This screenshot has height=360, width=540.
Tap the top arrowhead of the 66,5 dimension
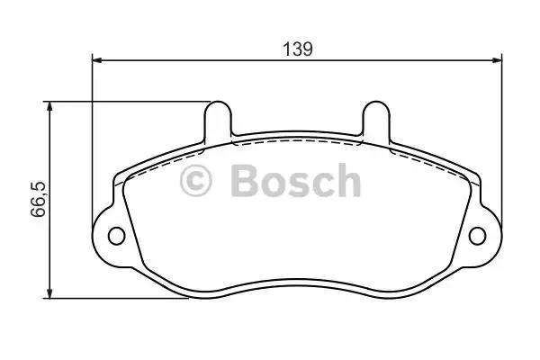pos(51,107)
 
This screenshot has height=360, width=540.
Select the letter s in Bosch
pos(299,184)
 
